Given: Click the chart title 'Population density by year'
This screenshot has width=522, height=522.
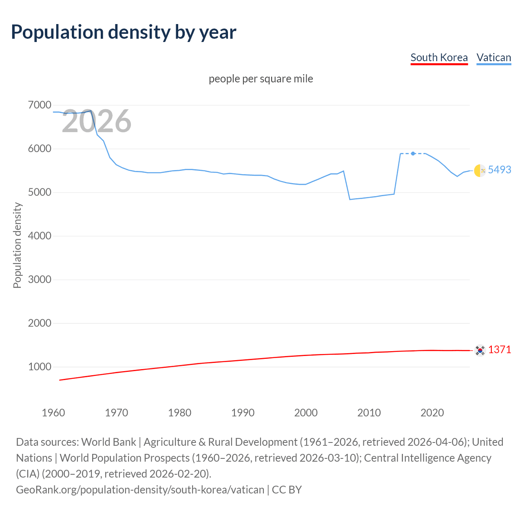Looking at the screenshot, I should tap(124, 32).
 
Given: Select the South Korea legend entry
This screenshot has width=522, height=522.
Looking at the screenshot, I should tap(439, 58).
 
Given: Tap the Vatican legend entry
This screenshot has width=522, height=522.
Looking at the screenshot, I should tap(493, 58).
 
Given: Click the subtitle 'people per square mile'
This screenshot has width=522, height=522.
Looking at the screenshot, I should tap(261, 79).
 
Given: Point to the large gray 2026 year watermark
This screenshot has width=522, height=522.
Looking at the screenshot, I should tap(96, 121).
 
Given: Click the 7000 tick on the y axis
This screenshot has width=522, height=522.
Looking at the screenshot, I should tap(40, 105).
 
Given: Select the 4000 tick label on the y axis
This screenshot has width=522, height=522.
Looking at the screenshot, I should tap(40, 236).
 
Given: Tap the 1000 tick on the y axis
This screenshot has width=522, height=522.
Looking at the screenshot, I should tap(40, 367).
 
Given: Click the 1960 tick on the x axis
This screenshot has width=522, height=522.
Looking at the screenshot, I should tap(53, 413).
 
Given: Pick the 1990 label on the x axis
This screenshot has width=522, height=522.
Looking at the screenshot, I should tap(243, 413).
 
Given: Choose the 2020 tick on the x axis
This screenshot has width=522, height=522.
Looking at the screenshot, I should tap(432, 413).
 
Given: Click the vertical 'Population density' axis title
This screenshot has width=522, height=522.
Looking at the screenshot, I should tap(17, 246).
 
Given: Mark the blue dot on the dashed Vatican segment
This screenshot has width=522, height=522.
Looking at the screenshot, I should tap(413, 153).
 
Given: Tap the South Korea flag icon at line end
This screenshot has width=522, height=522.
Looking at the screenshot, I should tap(480, 350).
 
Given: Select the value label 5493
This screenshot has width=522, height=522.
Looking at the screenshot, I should tap(499, 170).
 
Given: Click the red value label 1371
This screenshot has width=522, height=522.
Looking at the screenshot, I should tap(499, 349).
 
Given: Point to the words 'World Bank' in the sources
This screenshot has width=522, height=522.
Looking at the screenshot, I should tap(108, 442).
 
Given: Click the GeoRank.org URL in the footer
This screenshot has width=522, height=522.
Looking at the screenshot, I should tap(140, 489).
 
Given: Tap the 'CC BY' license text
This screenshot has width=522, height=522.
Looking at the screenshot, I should tap(287, 489).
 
